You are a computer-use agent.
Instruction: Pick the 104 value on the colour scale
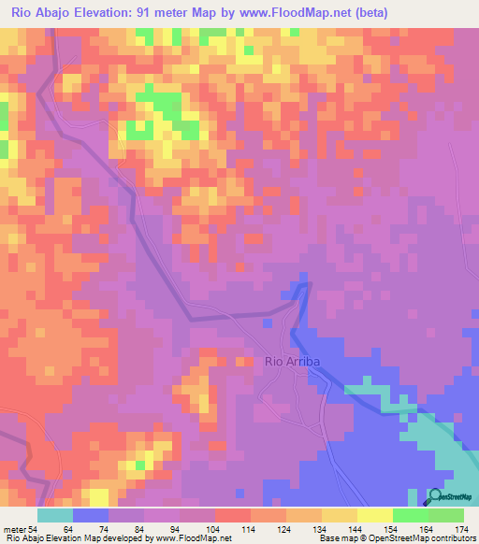click(216, 528)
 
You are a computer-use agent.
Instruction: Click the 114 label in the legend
click(252, 528)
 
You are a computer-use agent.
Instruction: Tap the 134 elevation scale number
click(322, 528)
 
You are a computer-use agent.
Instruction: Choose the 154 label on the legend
click(392, 528)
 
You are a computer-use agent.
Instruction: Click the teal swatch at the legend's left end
click(55, 515)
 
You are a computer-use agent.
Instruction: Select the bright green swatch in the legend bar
click(409, 515)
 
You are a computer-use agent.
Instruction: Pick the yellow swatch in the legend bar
click(374, 515)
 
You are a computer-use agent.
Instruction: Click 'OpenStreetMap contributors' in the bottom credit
click(425, 539)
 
